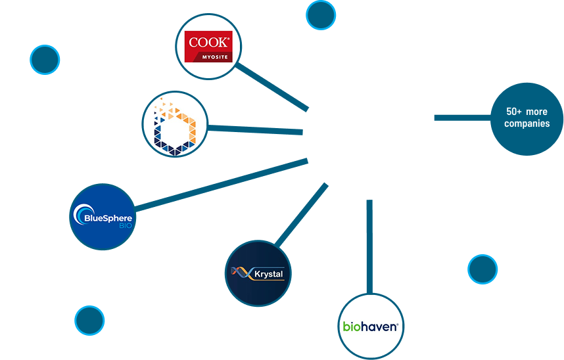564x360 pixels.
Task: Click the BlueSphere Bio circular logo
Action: pos(102,217)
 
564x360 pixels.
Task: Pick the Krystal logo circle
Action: pos(258,273)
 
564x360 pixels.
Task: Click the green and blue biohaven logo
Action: pos(371,326)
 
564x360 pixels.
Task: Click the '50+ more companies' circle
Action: pos(527,118)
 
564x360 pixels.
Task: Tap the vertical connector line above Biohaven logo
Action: pos(369,246)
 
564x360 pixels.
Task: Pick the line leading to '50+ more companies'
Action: pos(462,118)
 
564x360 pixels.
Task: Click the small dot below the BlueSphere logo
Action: pos(89,321)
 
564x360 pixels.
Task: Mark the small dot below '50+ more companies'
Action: pos(482,269)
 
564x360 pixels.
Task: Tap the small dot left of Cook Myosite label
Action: pos(45,60)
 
